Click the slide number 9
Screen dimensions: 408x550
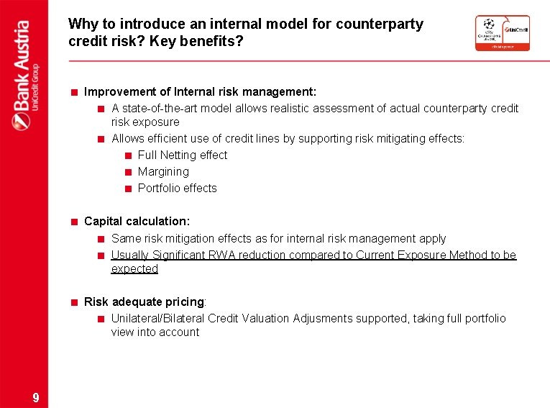[36, 398]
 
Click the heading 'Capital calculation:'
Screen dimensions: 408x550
[137, 222]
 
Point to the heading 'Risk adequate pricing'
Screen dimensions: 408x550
[145, 302]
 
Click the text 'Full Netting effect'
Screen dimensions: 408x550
[182, 155]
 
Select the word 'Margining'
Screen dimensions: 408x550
[163, 172]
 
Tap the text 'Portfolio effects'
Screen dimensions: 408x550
[177, 189]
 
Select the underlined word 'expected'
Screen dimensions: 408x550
[134, 269]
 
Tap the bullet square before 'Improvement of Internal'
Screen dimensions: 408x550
[74, 93]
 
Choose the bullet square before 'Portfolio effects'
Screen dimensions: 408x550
[127, 189]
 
